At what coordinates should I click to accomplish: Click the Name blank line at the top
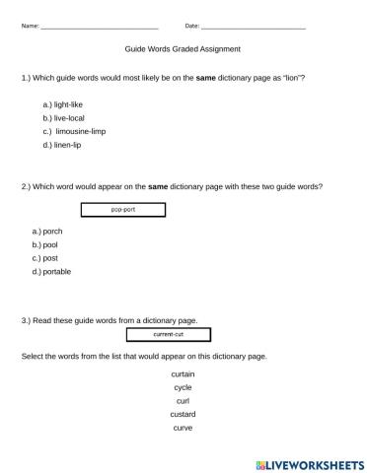(x=99, y=26)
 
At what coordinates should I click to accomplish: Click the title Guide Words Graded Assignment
(x=183, y=48)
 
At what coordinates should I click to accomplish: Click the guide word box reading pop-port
(x=122, y=209)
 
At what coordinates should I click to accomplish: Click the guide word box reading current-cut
(x=169, y=335)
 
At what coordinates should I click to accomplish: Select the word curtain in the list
(x=183, y=375)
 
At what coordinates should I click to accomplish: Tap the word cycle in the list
(x=183, y=388)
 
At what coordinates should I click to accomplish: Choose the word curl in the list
(x=183, y=401)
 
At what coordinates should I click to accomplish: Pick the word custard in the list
(x=183, y=415)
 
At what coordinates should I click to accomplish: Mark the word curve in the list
(x=183, y=428)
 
